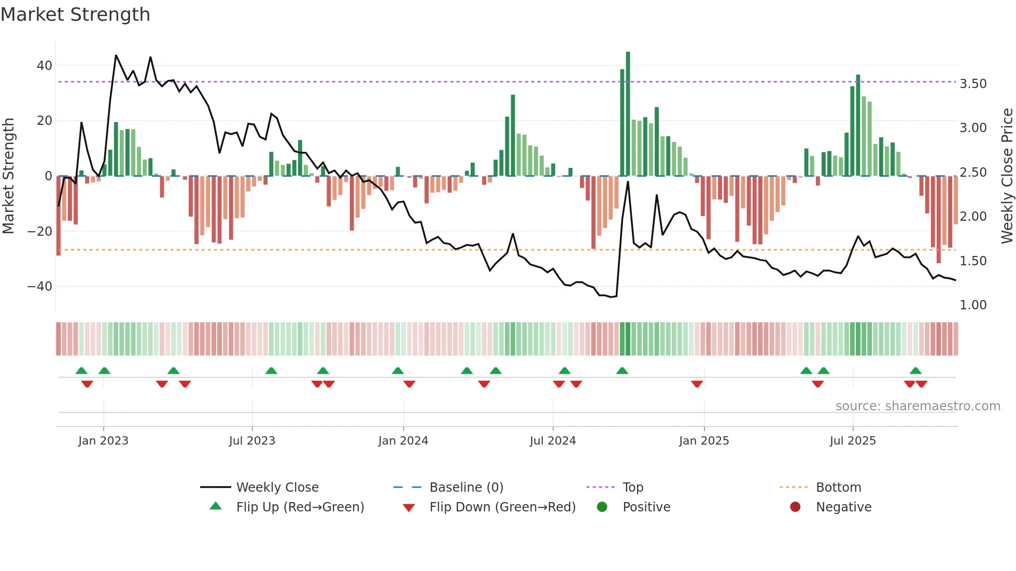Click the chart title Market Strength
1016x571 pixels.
(75, 15)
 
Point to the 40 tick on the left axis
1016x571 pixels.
(45, 66)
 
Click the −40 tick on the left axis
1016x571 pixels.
(40, 287)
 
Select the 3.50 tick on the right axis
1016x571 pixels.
(973, 84)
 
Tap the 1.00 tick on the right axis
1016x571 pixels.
(973, 305)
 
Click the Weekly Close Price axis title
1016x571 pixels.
(1007, 176)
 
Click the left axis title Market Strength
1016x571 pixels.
(8, 176)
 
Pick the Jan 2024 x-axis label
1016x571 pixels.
(403, 441)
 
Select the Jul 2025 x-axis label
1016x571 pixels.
(853, 441)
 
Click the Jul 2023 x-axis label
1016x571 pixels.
(252, 441)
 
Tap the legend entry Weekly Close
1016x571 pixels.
(277, 488)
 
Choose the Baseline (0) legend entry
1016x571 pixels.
(466, 488)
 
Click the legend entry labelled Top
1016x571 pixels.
(632, 488)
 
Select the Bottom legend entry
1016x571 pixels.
(838, 488)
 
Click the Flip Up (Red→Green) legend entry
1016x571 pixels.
(300, 507)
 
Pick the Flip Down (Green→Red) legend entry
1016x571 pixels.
(502, 507)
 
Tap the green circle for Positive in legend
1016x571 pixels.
(602, 507)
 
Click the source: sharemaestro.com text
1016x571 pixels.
(918, 406)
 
